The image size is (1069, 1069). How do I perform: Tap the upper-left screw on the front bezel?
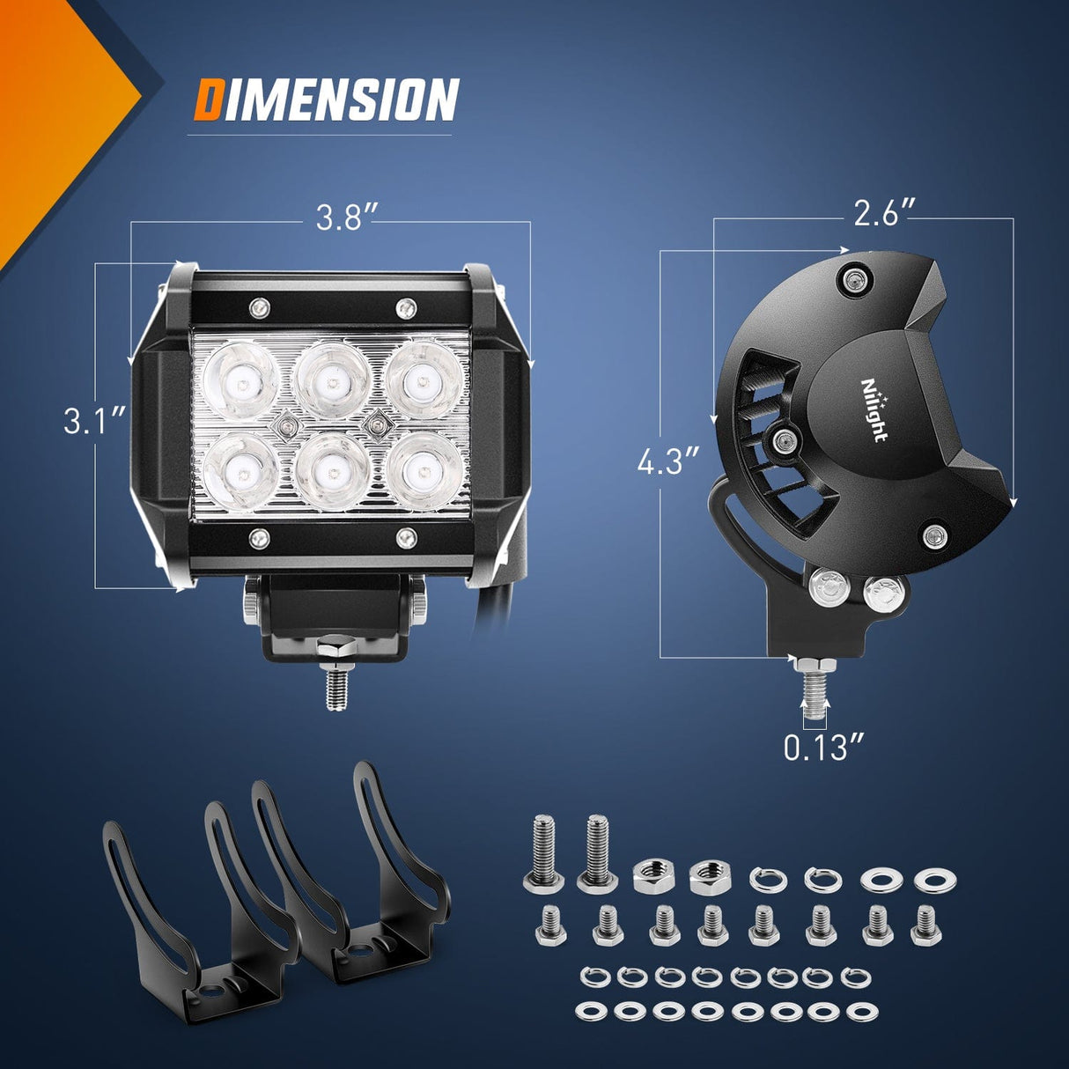(258, 307)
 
